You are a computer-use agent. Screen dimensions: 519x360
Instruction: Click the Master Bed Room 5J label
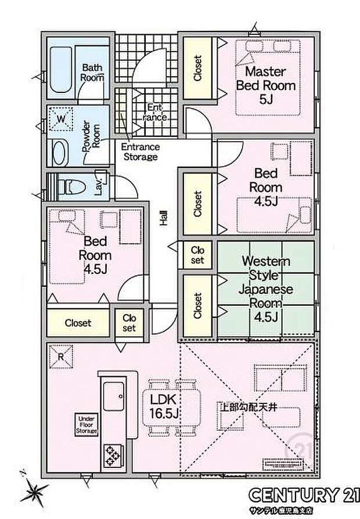click(265, 85)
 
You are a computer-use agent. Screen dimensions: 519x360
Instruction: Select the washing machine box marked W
click(60, 120)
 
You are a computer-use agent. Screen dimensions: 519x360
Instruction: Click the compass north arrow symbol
click(32, 491)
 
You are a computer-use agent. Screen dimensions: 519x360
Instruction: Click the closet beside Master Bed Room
click(198, 68)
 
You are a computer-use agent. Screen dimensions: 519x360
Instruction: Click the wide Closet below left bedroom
click(78, 323)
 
